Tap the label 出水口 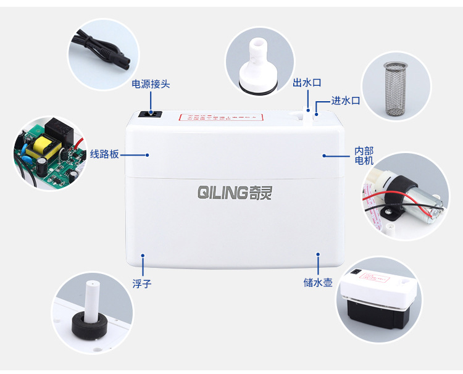307,83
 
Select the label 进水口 345,101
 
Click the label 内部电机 364,156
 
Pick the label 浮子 141,284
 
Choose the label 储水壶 318,283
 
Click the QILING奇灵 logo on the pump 234,192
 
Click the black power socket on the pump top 150,114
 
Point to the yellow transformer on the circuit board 43,146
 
